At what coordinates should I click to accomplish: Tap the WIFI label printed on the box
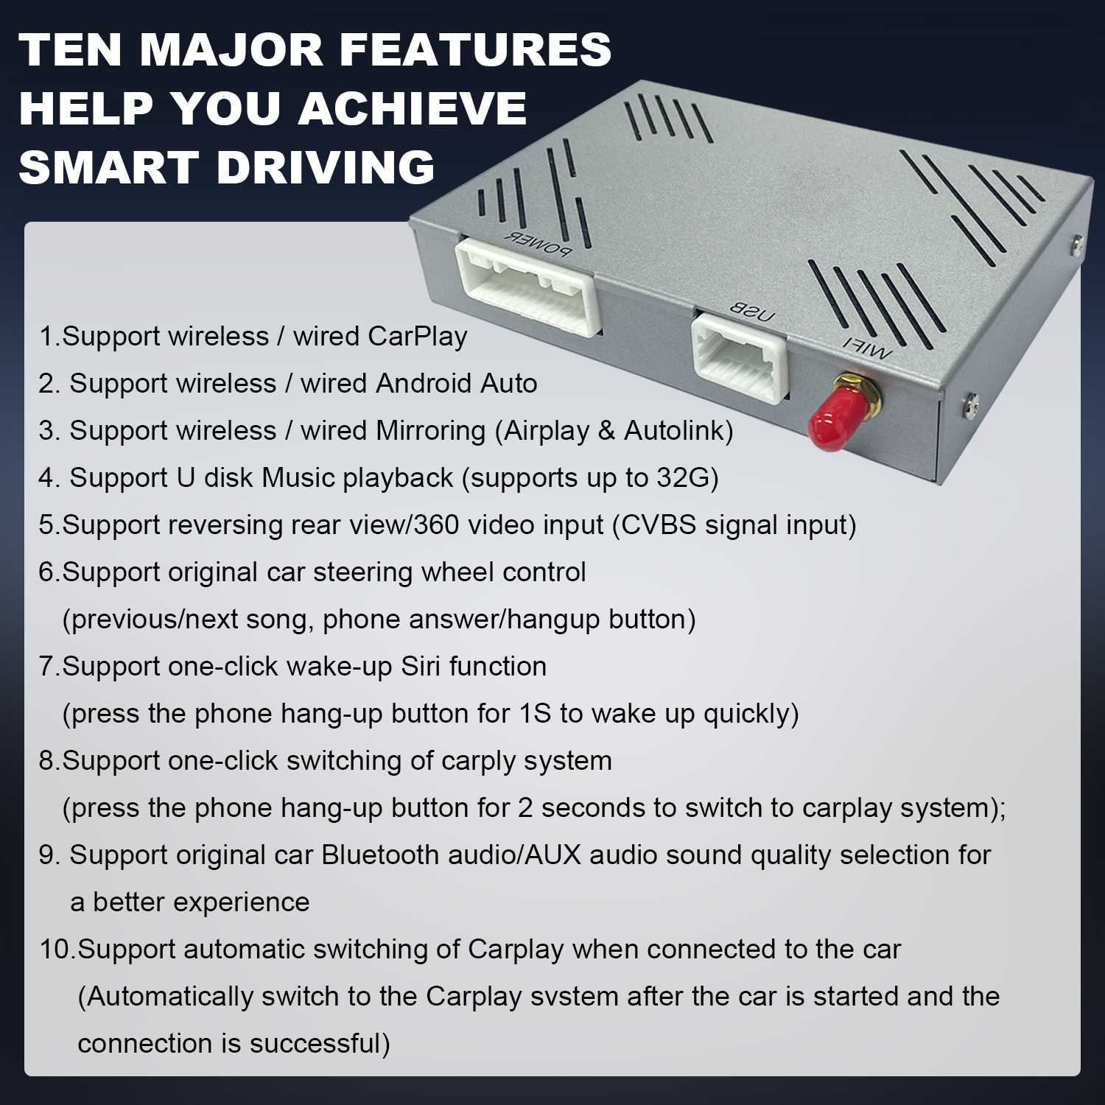867,348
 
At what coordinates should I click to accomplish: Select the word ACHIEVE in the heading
413,108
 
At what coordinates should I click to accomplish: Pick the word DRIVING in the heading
326,166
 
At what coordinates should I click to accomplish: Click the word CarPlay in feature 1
418,336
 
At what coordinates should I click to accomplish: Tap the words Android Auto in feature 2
457,383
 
